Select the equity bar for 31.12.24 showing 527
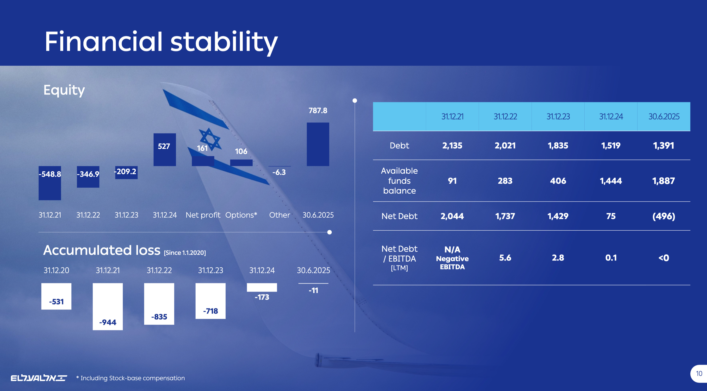coord(164,150)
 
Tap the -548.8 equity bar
coord(50,183)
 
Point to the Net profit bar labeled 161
coord(203,161)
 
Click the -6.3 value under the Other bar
coord(279,172)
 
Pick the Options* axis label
coord(241,215)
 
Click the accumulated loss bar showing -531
coord(56,296)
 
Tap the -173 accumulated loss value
coord(262,297)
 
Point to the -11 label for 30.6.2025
coord(313,290)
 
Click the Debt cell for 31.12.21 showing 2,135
coord(452,145)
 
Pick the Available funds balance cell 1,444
coord(611,181)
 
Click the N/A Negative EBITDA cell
coord(452,258)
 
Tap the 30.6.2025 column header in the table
coord(664,117)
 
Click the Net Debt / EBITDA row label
coord(399,258)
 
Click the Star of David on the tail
coord(210,139)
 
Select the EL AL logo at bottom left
coord(39,378)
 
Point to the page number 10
coord(699,374)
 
